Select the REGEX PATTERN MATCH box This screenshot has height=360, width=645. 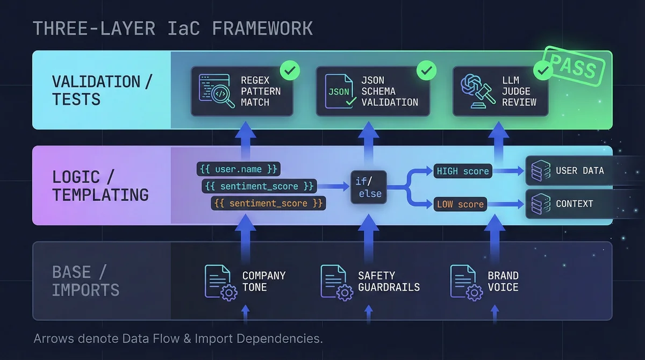tap(242, 91)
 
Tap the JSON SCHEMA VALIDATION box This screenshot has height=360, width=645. tap(372, 91)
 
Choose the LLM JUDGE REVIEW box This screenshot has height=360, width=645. tap(500, 91)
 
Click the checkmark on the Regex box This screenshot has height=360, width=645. tap(290, 70)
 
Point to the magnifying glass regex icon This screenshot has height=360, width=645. tap(217, 91)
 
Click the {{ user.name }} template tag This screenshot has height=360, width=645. tap(238, 169)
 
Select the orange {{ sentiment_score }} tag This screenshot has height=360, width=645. tap(268, 204)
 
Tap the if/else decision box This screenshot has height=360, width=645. tap(369, 186)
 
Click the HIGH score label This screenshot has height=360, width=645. tap(462, 171)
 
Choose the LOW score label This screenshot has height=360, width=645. tap(460, 204)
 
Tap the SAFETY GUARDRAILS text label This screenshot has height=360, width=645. tap(389, 281)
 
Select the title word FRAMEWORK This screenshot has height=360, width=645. tap(262, 28)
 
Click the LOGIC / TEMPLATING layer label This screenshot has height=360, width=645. tap(100, 185)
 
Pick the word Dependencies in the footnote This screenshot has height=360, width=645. tap(278, 339)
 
